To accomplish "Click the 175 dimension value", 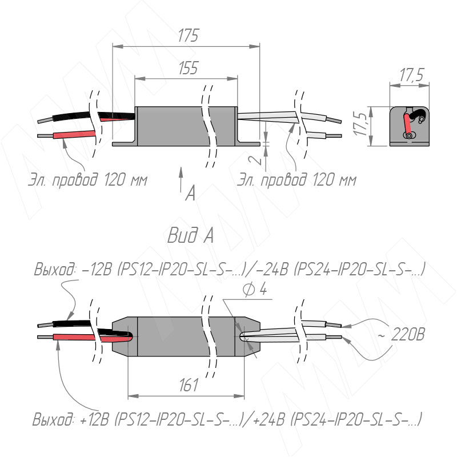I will tap(187, 35).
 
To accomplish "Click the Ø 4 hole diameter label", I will tap(254, 290).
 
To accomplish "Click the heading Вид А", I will tap(191, 235).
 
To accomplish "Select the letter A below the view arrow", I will tap(190, 194).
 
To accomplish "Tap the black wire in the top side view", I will tap(69, 117).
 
